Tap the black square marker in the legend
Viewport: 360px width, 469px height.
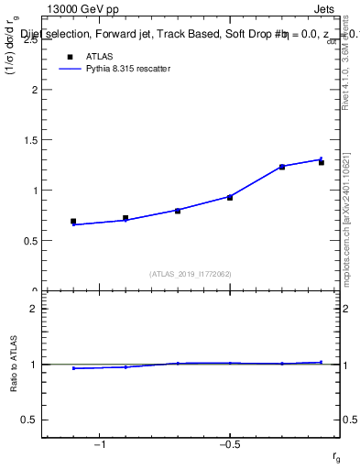(69, 57)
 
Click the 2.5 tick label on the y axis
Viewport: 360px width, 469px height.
(31, 40)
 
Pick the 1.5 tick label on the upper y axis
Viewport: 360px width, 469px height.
(31, 141)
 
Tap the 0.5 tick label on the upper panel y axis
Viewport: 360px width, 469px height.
(31, 241)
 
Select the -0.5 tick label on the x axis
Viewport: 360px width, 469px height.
(229, 445)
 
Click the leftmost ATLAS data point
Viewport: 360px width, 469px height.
(73, 222)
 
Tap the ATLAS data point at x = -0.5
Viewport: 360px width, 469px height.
(230, 198)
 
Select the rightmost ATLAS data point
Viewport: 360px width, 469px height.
(322, 162)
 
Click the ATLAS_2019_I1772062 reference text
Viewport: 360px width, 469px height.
(190, 274)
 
